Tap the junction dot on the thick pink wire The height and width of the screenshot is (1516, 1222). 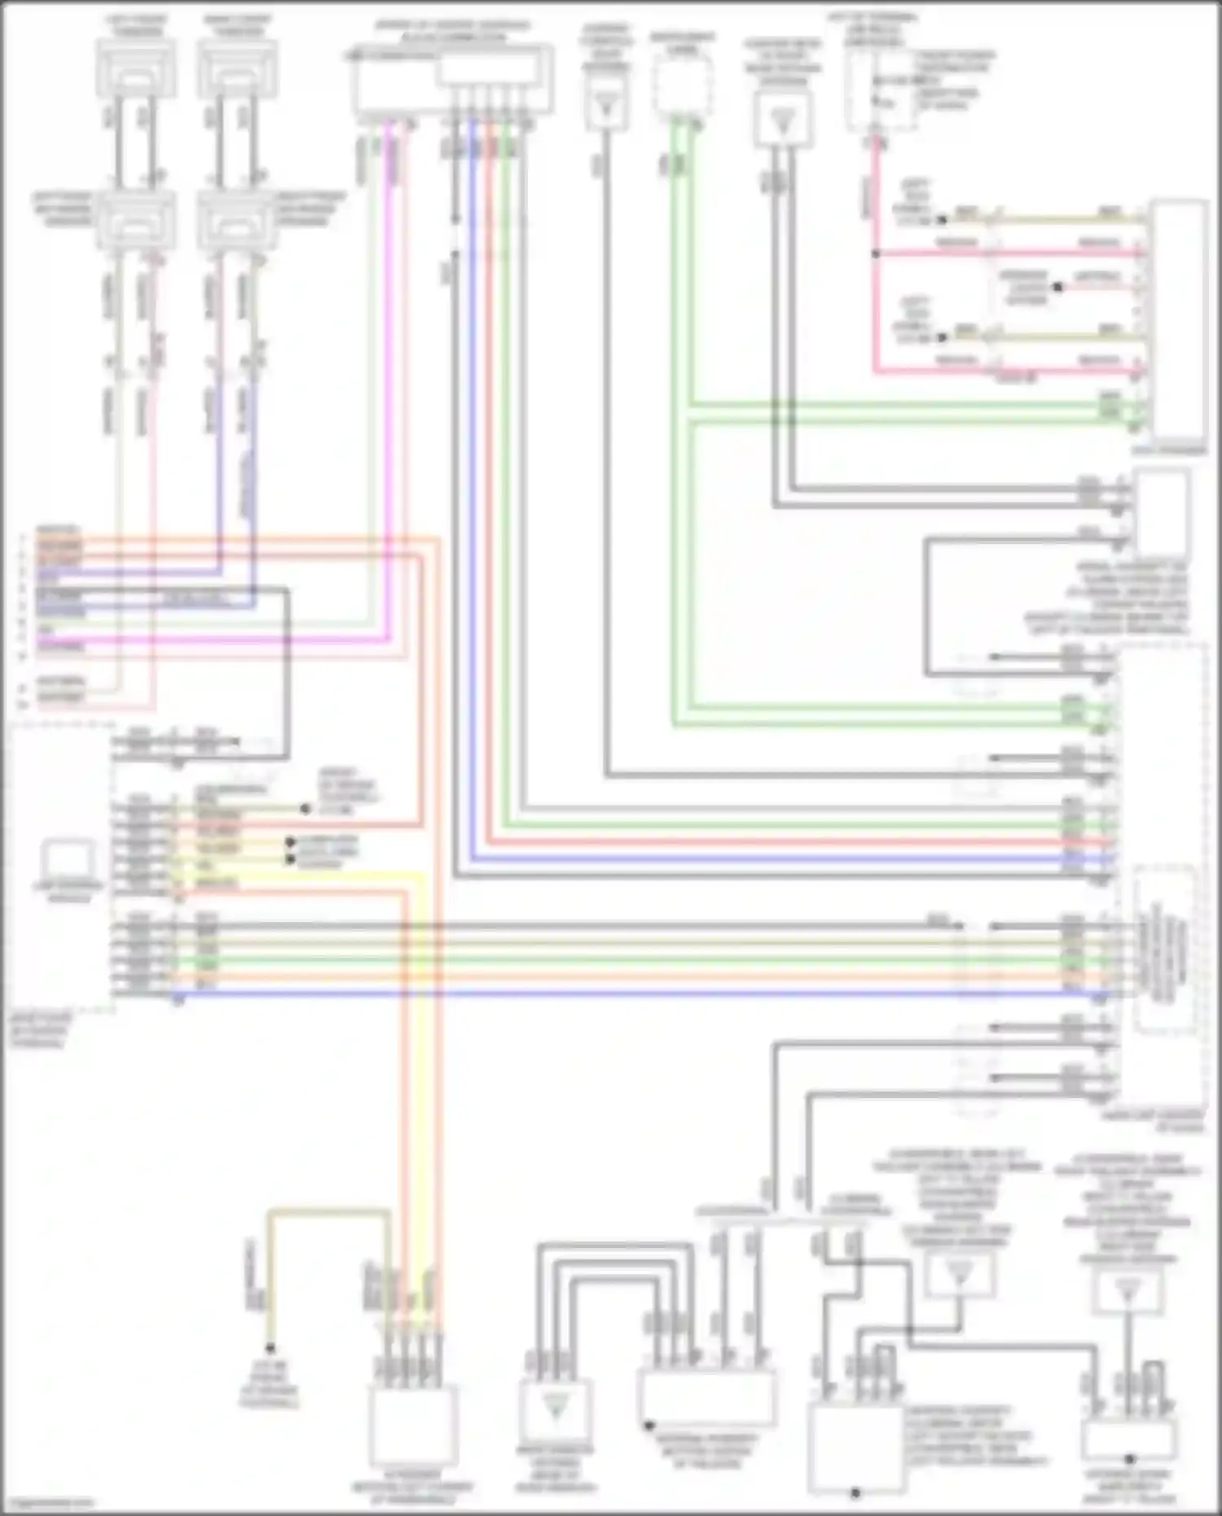[x=876, y=254]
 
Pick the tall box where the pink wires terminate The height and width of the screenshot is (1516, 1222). [x=1178, y=318]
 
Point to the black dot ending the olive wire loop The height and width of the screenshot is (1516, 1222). [x=270, y=1347]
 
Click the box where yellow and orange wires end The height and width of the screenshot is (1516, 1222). [x=412, y=1422]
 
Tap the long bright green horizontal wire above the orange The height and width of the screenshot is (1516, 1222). [x=570, y=960]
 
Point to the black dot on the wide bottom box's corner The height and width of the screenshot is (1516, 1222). [x=648, y=1426]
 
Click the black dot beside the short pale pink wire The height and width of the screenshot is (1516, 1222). [x=1057, y=287]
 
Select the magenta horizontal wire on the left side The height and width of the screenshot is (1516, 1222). [x=244, y=641]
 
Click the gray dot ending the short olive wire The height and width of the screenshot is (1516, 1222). [x=305, y=809]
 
